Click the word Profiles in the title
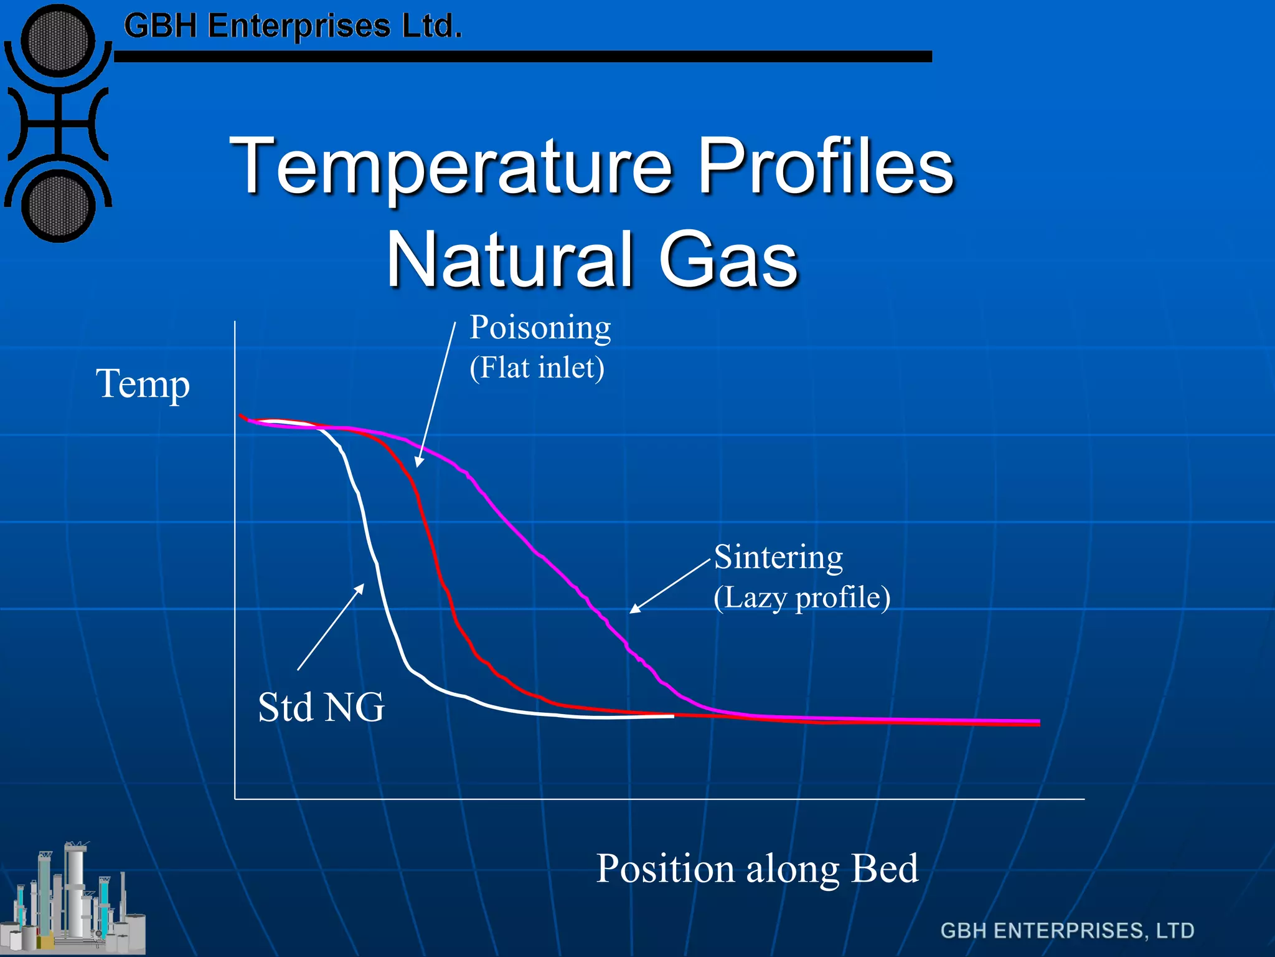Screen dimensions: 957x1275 [825, 165]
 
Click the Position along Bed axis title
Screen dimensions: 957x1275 [756, 868]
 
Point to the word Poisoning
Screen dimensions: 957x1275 [540, 328]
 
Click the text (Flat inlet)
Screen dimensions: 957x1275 [537, 368]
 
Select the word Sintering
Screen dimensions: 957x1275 [778, 556]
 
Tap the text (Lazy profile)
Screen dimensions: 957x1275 [801, 598]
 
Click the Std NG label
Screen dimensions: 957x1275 [321, 707]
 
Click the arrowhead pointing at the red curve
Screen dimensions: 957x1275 [419, 462]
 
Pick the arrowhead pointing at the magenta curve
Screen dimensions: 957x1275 [634, 609]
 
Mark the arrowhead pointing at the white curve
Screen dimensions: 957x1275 [360, 588]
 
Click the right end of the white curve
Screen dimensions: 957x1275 [672, 717]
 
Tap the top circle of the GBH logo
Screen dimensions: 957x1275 [58, 42]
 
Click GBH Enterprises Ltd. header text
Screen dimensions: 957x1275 [293, 26]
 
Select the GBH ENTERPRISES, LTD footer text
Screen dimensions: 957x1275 [1067, 930]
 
